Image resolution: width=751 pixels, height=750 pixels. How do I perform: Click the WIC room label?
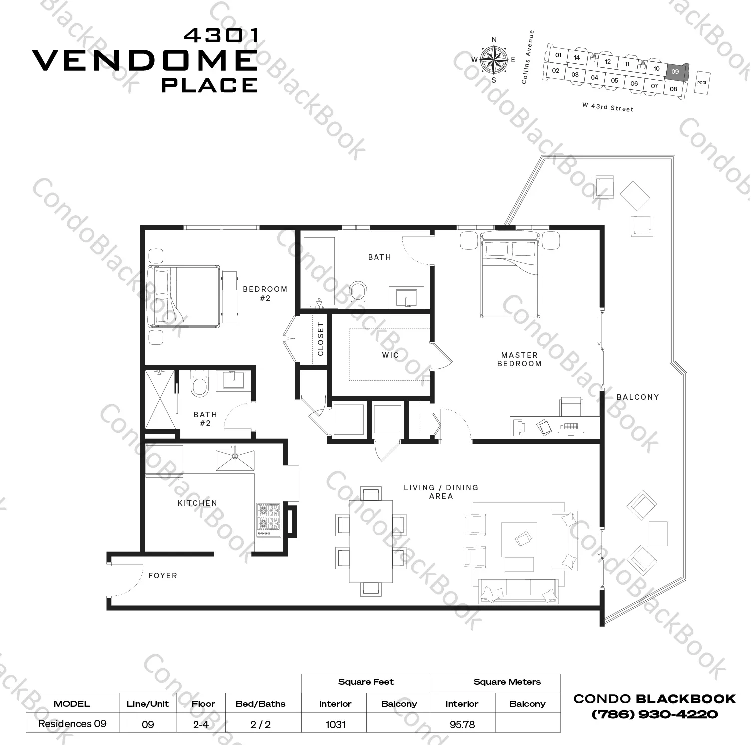point(390,355)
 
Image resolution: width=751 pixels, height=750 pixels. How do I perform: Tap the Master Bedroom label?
point(519,359)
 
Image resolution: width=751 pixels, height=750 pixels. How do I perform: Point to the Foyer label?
point(163,576)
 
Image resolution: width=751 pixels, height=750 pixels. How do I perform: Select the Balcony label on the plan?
point(638,397)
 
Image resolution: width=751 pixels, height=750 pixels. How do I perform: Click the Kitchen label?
point(197,503)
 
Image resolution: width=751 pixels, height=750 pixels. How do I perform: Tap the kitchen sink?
point(235,460)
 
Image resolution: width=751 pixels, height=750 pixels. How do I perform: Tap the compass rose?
point(494,60)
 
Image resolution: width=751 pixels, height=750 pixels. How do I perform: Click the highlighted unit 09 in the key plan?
point(675,72)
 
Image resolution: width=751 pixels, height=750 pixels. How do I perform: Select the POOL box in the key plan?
point(702,83)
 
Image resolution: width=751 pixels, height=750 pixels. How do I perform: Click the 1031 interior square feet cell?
point(335,724)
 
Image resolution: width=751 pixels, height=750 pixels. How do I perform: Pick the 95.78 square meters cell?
point(462,724)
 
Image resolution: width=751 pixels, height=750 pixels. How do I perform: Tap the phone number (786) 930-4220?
point(654,714)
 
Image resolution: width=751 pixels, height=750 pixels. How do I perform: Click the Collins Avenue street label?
point(527,57)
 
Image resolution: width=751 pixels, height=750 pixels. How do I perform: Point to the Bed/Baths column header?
point(260,704)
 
